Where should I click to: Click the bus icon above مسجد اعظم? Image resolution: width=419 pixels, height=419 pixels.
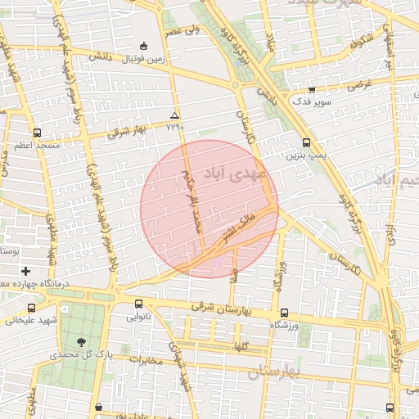[x=37, y=132]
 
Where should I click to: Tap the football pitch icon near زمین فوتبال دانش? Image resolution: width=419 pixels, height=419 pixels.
[x=145, y=46]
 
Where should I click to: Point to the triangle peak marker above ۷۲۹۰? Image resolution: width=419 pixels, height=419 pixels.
[x=174, y=115]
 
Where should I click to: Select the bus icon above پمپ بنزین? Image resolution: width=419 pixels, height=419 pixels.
[x=306, y=142]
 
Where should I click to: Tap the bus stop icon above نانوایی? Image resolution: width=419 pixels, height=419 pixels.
[x=137, y=300]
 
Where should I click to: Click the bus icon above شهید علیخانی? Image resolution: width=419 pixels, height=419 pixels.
[x=31, y=308]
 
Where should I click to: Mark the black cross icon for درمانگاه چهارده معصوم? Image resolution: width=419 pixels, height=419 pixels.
[x=26, y=271]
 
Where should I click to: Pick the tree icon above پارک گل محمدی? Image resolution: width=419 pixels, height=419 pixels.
[x=80, y=341]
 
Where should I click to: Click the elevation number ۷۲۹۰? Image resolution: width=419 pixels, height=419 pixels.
[x=174, y=127]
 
